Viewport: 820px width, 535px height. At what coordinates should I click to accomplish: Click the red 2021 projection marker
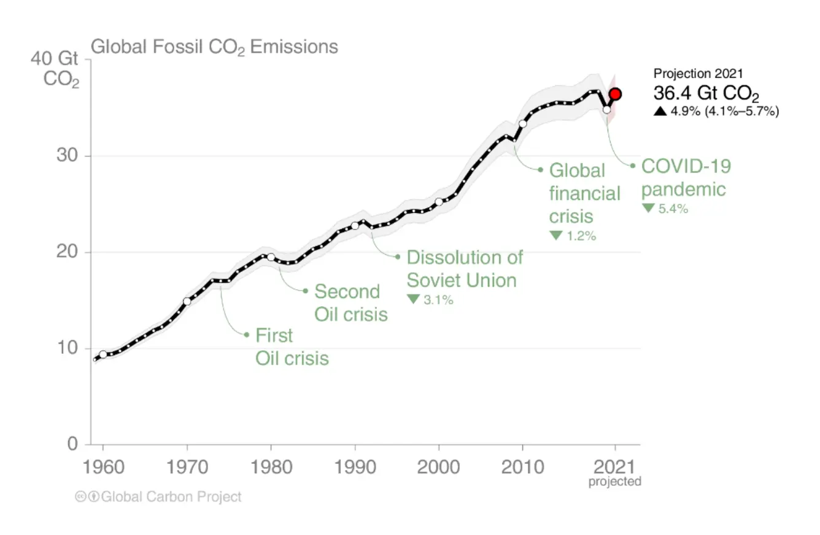tap(615, 94)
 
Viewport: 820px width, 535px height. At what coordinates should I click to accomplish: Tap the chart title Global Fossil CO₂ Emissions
tap(214, 47)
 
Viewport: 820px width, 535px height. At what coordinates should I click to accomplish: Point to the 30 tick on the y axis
tap(63, 156)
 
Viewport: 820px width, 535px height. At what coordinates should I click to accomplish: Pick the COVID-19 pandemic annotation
tap(686, 177)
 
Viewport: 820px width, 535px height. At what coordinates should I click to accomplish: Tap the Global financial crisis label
tap(584, 193)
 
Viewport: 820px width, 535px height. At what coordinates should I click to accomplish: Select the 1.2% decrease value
tap(573, 236)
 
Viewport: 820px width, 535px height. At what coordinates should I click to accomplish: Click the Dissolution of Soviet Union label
tap(465, 269)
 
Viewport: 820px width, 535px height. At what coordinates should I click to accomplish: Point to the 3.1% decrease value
tap(431, 300)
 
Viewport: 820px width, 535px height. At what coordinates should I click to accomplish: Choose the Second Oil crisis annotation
tap(350, 302)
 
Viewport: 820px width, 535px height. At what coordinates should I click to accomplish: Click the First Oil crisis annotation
tap(292, 347)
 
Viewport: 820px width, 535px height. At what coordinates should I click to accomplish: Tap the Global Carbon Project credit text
tap(171, 497)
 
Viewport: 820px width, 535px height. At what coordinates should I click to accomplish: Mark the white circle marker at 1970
tap(187, 301)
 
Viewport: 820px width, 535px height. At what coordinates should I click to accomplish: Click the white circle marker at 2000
tap(439, 202)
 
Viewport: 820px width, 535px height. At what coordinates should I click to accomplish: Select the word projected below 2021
tap(614, 482)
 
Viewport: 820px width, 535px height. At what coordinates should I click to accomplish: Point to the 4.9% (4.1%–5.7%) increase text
tap(716, 111)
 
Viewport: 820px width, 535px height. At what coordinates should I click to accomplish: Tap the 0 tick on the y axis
tap(72, 444)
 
